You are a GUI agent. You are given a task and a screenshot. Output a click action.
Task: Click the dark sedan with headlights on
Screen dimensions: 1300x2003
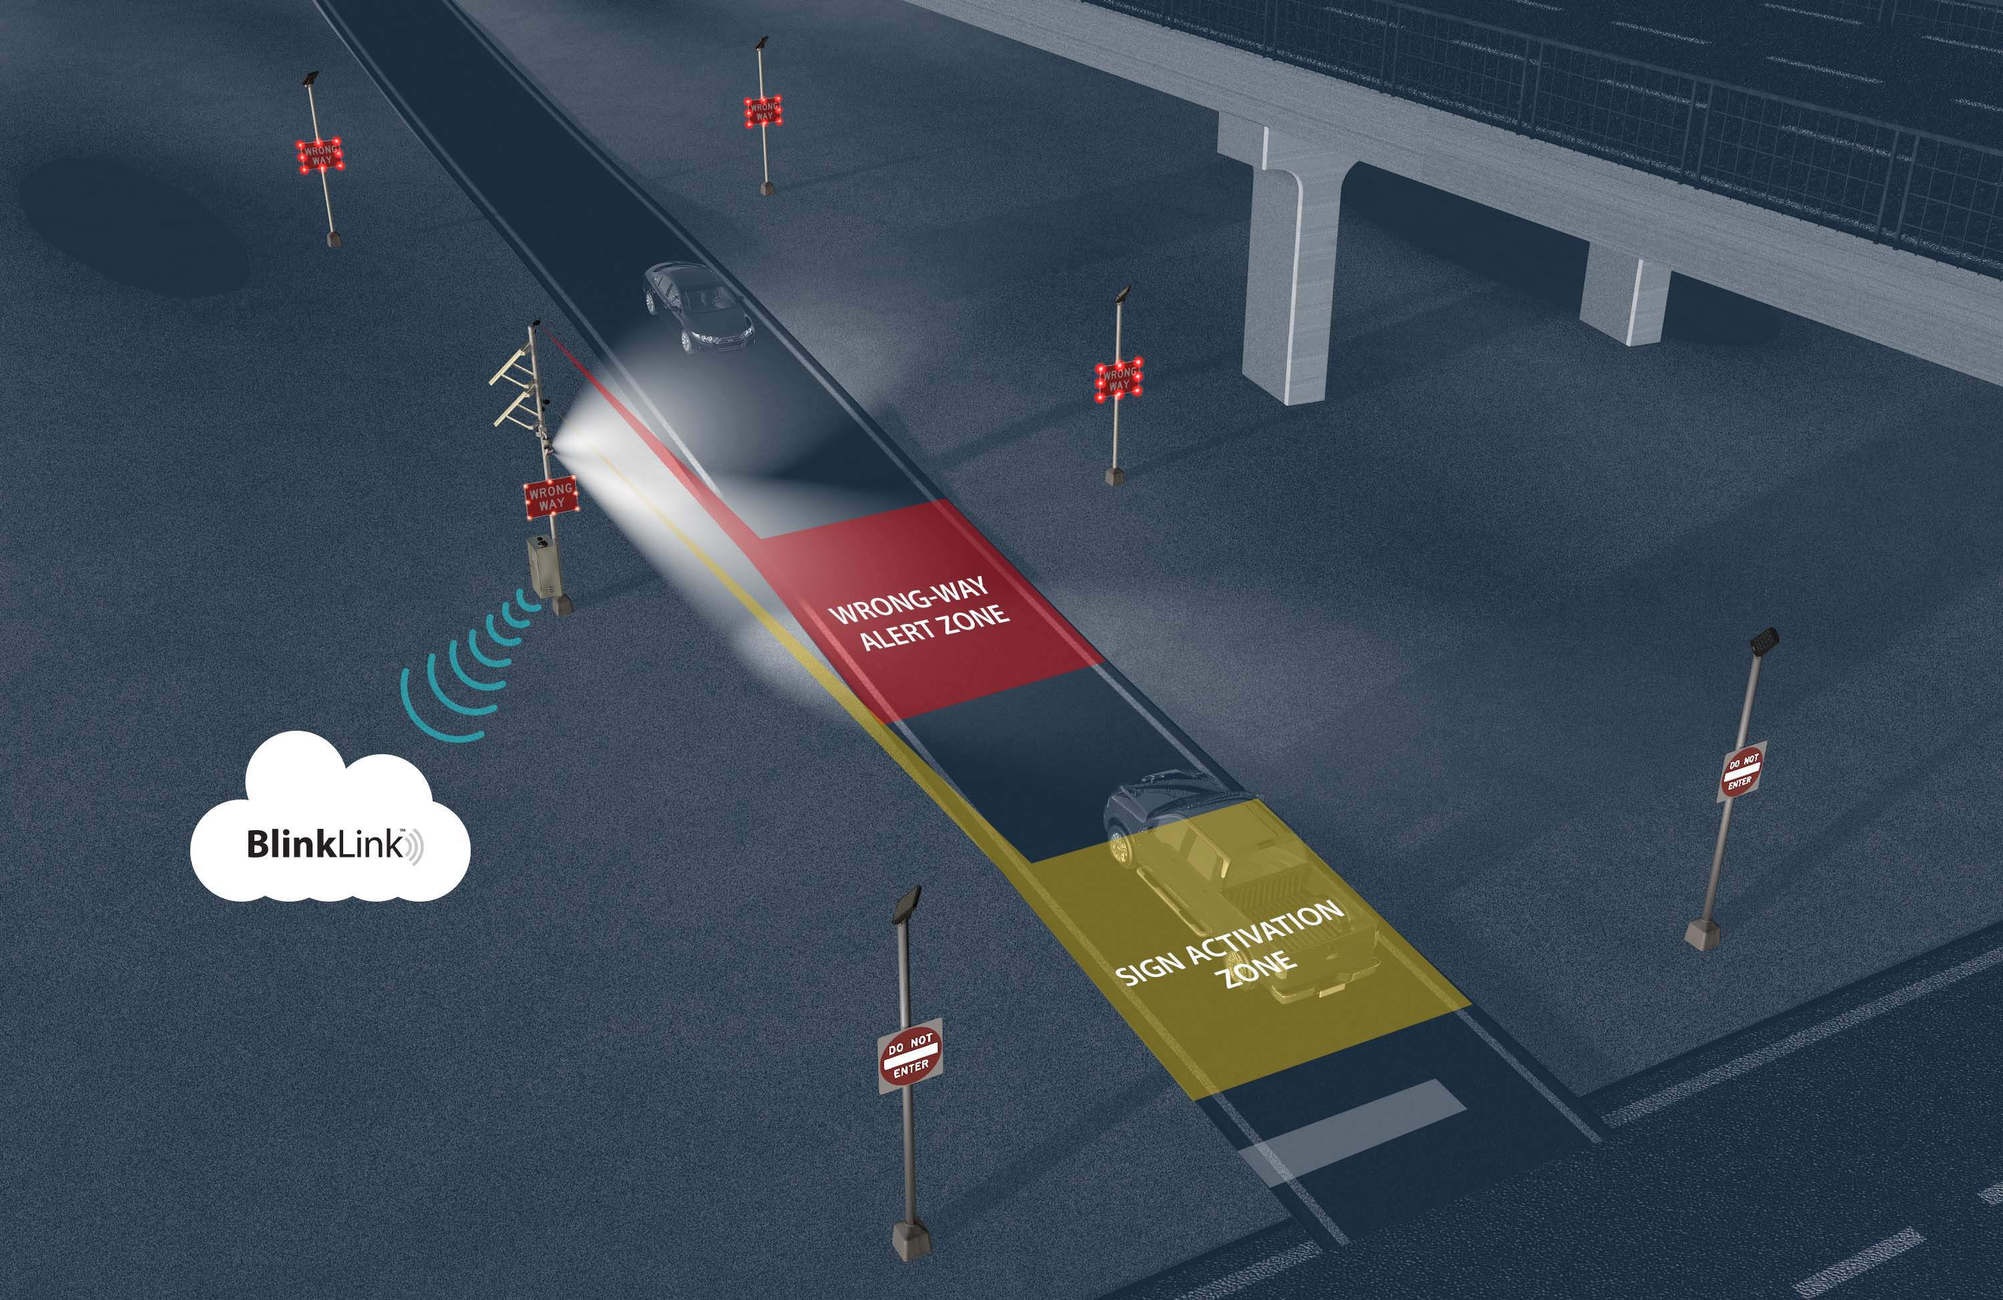698,307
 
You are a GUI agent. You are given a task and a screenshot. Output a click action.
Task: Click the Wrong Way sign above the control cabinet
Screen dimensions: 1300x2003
550,497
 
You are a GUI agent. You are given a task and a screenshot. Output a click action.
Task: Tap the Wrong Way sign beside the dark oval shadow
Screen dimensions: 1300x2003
320,155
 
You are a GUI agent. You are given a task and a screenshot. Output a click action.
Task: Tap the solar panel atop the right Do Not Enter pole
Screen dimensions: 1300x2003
1765,642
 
